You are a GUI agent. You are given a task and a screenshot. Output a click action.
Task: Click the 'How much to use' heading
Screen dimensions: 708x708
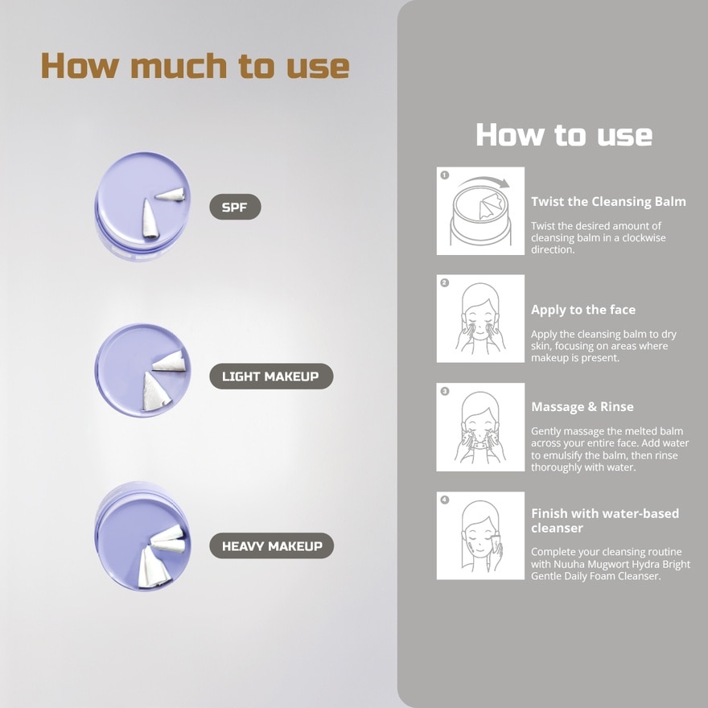tap(195, 66)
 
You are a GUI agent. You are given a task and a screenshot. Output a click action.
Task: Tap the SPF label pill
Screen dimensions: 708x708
tap(235, 207)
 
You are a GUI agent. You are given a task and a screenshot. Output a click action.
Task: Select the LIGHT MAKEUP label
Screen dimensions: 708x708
tap(271, 377)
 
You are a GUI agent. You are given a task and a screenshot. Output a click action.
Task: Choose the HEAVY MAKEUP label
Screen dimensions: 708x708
tap(271, 545)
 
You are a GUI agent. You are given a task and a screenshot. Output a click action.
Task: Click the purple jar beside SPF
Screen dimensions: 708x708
tap(142, 206)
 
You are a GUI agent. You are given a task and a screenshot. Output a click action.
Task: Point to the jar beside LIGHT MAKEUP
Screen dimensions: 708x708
tap(142, 370)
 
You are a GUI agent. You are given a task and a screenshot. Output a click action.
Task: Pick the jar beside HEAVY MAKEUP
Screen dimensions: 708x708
tap(142, 536)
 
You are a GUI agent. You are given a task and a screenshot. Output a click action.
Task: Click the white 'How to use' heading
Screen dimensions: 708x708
tap(564, 134)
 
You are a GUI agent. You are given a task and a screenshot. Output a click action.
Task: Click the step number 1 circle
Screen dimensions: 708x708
tap(445, 175)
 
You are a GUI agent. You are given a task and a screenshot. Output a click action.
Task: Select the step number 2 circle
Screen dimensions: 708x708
tap(445, 282)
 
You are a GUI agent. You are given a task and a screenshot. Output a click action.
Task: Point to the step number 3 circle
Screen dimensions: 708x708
tap(445, 391)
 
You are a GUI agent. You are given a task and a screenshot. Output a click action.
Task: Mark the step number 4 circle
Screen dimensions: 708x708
tap(445, 500)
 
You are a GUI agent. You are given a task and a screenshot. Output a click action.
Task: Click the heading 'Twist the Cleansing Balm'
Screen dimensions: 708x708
tap(608, 201)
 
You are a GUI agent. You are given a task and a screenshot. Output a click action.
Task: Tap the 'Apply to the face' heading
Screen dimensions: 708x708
tap(583, 310)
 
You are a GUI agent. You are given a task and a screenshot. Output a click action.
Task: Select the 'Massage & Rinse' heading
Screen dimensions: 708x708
tap(582, 407)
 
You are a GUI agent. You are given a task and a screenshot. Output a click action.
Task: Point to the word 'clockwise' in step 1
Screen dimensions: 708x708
tap(644, 238)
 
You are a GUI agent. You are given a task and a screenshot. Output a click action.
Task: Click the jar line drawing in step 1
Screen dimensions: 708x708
tap(480, 216)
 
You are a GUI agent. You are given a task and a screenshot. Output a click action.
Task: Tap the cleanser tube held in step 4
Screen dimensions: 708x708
tap(497, 544)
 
